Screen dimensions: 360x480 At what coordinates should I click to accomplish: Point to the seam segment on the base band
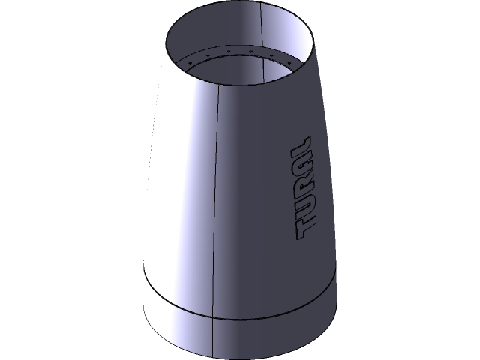pos(214,330)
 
